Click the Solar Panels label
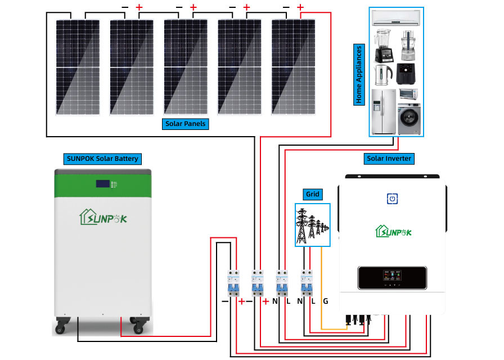(x=186, y=123)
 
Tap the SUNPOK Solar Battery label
(x=102, y=159)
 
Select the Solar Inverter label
(x=389, y=159)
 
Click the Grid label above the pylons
(x=312, y=194)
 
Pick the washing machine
(x=409, y=118)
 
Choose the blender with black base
(x=382, y=45)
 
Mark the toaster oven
(x=409, y=94)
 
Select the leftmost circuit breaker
(x=232, y=282)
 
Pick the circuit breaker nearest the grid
(x=307, y=282)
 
